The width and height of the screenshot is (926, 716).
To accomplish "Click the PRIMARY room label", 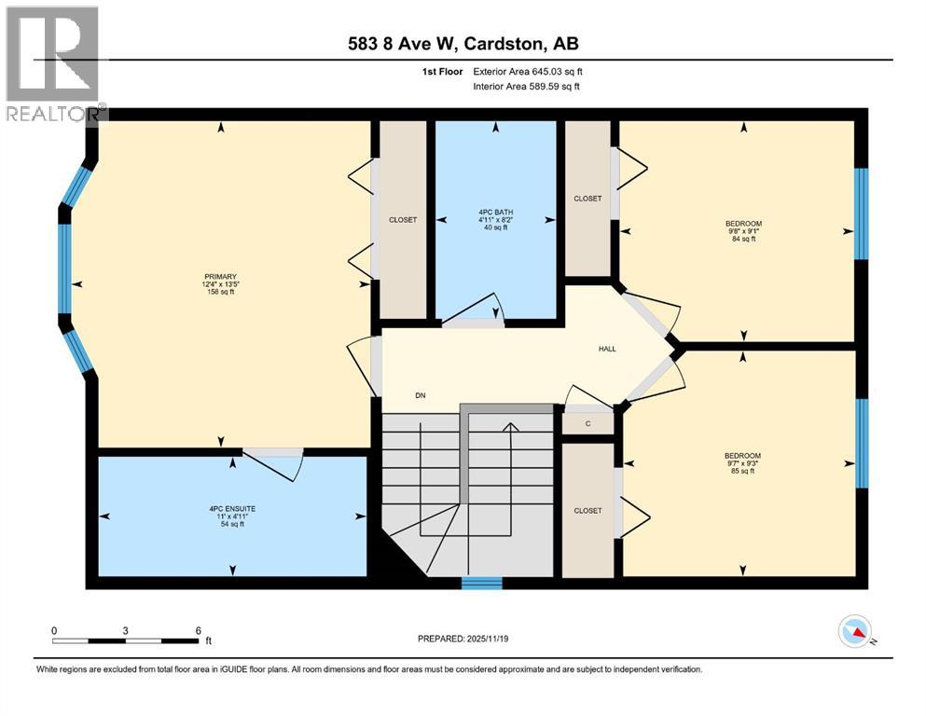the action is click(x=220, y=276).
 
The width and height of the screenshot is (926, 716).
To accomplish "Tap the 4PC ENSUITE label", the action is click(x=232, y=509).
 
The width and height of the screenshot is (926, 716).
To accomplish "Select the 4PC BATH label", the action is click(x=495, y=212).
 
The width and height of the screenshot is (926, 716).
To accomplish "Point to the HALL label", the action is click(x=607, y=349).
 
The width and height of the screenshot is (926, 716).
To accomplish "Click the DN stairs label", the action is click(x=421, y=395).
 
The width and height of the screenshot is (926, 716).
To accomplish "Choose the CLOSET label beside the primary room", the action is click(x=403, y=220).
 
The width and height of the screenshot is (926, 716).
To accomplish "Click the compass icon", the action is click(x=855, y=631).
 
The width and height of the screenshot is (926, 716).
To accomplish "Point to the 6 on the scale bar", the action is click(x=198, y=630).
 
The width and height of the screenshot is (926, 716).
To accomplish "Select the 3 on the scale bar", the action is click(x=125, y=630).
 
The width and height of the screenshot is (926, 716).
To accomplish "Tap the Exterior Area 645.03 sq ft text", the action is click(x=528, y=72).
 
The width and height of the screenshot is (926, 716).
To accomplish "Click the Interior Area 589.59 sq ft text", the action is click(x=526, y=86).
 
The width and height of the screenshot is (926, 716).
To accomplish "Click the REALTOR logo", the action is click(x=53, y=63).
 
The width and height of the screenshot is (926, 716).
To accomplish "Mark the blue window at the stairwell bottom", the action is click(x=482, y=584).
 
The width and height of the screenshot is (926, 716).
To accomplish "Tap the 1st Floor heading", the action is click(x=442, y=72).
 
